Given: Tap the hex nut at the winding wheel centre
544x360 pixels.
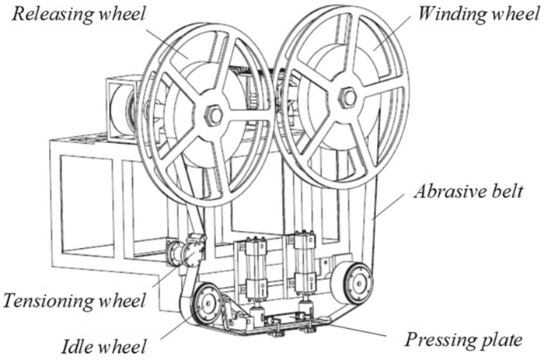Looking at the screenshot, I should click(347, 96).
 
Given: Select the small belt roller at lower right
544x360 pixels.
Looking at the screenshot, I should click(353, 281).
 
